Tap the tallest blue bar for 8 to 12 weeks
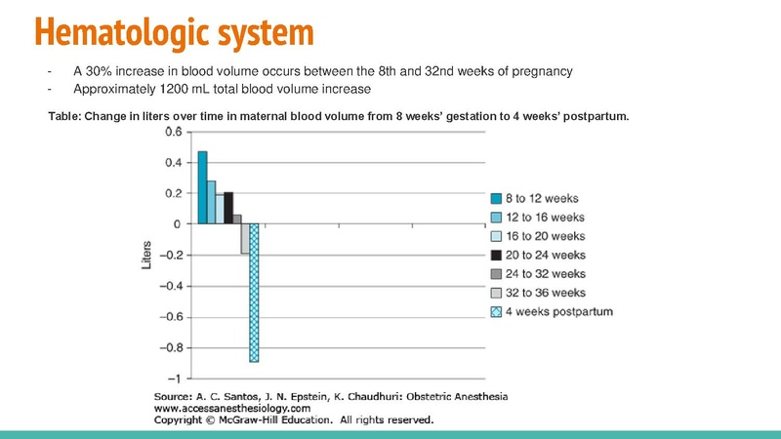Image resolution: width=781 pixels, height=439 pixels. (203, 187)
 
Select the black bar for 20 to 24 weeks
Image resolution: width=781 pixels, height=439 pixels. (228, 208)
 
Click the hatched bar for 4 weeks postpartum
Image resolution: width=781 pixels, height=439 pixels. (254, 293)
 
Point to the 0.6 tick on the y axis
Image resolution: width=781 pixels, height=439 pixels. (172, 132)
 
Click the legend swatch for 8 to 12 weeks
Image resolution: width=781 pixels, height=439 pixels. (496, 197)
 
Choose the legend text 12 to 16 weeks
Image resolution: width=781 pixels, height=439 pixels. (546, 217)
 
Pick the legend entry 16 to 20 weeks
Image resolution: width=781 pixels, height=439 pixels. (546, 236)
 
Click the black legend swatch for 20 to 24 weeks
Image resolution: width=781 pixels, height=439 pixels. (496, 255)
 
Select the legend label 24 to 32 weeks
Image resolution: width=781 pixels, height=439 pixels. (546, 274)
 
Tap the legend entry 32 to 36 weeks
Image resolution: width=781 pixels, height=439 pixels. (546, 293)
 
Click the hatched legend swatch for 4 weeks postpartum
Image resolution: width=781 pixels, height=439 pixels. (496, 312)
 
